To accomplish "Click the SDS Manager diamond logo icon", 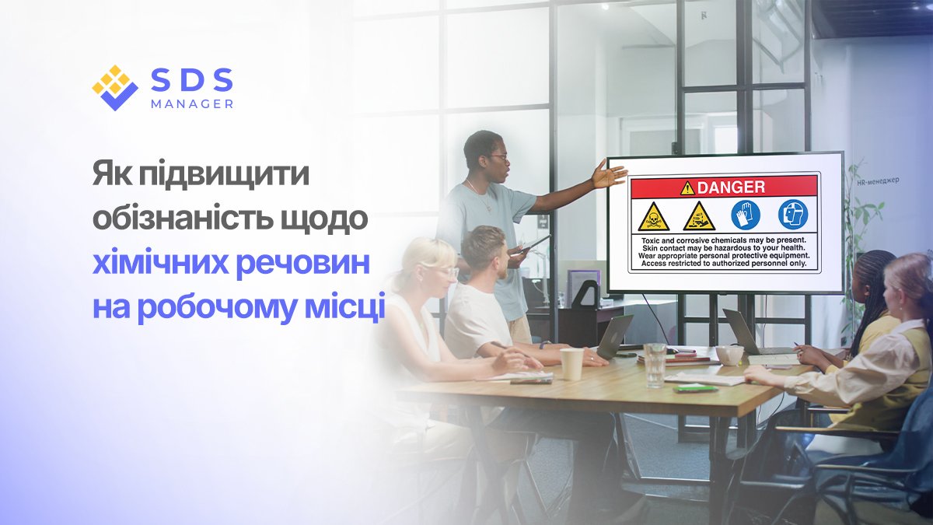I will pyautogui.click(x=115, y=87).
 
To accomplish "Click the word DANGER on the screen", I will pyautogui.click(x=731, y=187).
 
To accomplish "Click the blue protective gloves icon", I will pyautogui.click(x=746, y=215).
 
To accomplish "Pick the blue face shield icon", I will pyautogui.click(x=793, y=215).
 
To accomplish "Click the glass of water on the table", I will pyautogui.click(x=655, y=363).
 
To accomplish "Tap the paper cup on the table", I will pyautogui.click(x=571, y=363).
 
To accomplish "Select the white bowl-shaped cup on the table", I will pyautogui.click(x=729, y=355).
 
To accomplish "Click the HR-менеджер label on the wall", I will pyautogui.click(x=877, y=180).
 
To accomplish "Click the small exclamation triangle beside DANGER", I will pyautogui.click(x=687, y=187).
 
